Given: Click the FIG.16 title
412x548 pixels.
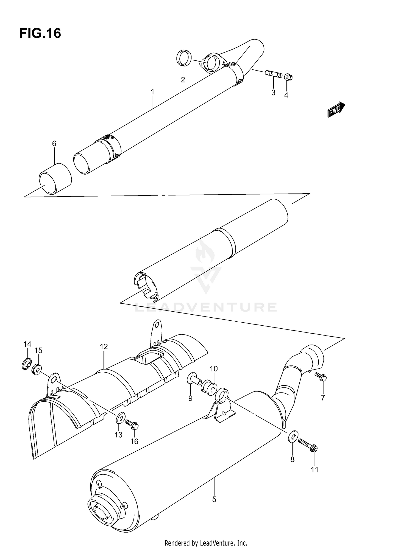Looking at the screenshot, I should tap(40, 33).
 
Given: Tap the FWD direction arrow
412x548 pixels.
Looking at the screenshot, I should tap(336, 109).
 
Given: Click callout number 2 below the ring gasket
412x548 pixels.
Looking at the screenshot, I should tap(183, 80).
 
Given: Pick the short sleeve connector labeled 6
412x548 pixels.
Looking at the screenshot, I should tap(55, 179).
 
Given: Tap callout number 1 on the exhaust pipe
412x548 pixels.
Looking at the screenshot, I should tap(153, 92).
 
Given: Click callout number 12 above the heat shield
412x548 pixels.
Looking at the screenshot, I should tap(104, 347).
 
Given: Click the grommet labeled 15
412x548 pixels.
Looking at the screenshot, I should tap(37, 369).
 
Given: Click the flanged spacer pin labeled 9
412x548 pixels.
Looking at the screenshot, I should tap(193, 379).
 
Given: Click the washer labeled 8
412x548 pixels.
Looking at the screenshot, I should tap(293, 437).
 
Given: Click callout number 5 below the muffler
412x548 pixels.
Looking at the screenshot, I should tap(214, 499).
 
